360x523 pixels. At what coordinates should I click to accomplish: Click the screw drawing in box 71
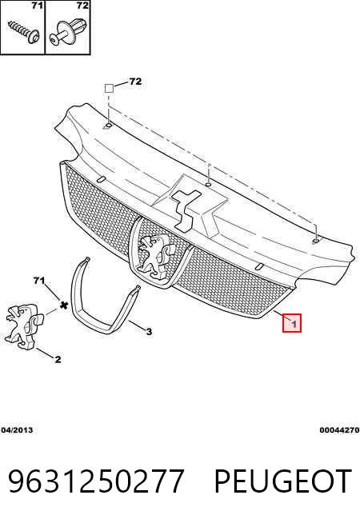pos(24,31)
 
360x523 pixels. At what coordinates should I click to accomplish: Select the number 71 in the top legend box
pos(37,6)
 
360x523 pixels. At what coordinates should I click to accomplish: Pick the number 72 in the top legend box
pos(82,6)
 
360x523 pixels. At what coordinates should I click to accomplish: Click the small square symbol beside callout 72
pos(109,89)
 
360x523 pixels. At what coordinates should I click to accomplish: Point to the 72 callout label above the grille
pos(135,81)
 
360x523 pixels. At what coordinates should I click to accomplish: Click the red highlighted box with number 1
pos(292,323)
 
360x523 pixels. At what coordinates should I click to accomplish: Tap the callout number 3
pos(149,331)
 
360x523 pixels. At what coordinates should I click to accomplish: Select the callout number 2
pos(58,359)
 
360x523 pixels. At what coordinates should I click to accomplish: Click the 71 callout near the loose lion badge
pos(38,281)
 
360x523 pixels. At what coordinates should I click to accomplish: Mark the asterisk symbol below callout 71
pos(63,304)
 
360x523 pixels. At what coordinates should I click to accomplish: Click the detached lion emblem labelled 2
pos(22,326)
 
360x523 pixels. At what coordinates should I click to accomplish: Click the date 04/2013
pos(17,430)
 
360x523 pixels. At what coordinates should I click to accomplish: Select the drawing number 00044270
pos(339,430)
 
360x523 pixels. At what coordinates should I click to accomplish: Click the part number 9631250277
pos(96,481)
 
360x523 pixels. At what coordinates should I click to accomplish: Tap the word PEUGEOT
pos(283,481)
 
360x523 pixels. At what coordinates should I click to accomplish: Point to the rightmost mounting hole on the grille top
pos(315,241)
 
